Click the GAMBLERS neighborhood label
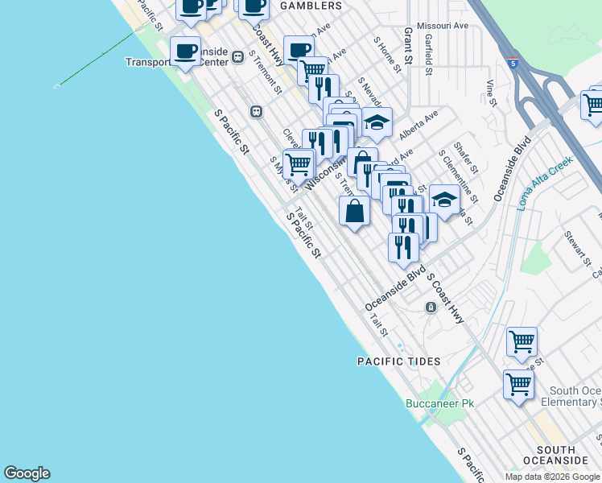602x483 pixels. click(x=310, y=6)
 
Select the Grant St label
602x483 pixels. click(x=408, y=47)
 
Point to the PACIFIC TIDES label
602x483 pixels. click(x=390, y=362)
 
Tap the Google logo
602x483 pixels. click(x=27, y=473)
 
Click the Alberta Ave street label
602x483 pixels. click(x=419, y=122)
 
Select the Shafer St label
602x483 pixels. click(x=466, y=158)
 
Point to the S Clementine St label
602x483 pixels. click(x=458, y=175)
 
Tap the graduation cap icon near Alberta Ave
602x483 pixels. click(x=377, y=122)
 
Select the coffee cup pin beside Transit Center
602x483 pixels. click(x=186, y=52)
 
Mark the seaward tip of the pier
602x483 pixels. click(x=56, y=85)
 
